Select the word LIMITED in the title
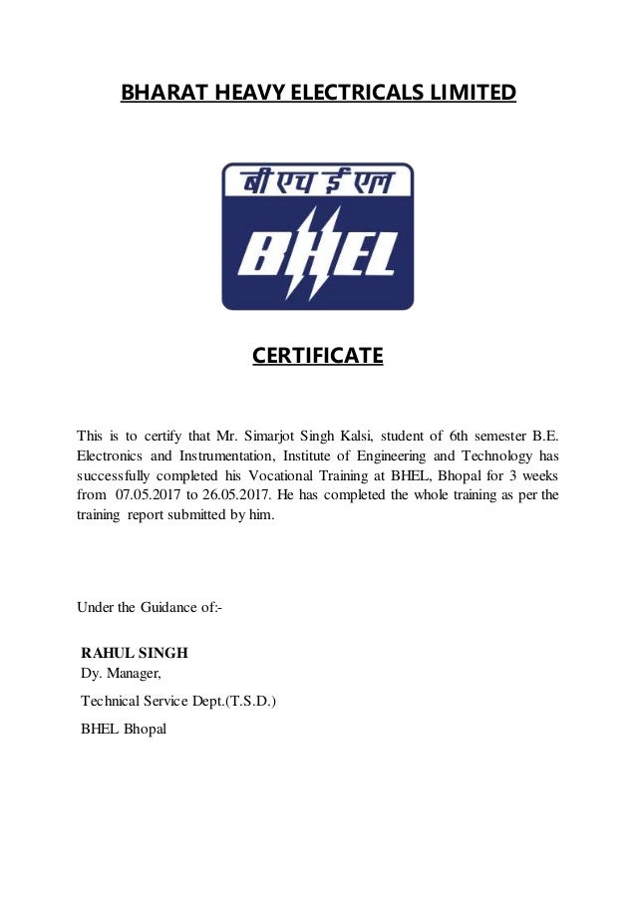[x=473, y=94]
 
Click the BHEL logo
[x=317, y=236]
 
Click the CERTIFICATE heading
[x=317, y=355]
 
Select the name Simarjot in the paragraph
[x=280, y=434]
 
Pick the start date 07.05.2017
[x=150, y=495]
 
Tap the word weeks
[x=538, y=475]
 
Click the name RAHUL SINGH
[x=135, y=654]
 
